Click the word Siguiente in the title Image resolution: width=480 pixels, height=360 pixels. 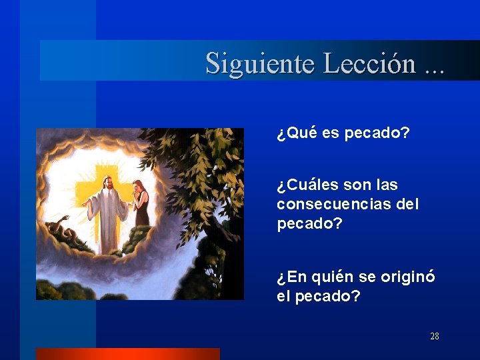tap(261, 63)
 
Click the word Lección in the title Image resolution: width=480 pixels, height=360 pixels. tap(369, 63)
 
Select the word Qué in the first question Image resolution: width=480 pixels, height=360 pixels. tap(301, 133)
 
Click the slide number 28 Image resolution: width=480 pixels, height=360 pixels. tap(434, 336)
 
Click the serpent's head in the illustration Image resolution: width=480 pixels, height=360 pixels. tap(65, 218)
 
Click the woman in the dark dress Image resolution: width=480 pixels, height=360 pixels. tap(141, 207)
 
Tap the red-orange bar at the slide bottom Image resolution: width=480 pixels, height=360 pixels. tap(127, 353)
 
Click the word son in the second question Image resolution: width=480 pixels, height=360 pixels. tap(359, 184)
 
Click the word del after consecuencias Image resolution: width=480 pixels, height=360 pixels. tap(407, 204)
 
